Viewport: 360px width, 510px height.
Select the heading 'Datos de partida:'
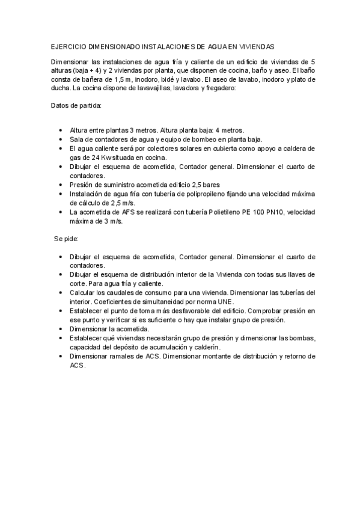pos(76,106)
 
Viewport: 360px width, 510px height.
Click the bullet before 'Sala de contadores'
pos(61,139)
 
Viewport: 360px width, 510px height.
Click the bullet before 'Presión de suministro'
pos(61,185)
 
